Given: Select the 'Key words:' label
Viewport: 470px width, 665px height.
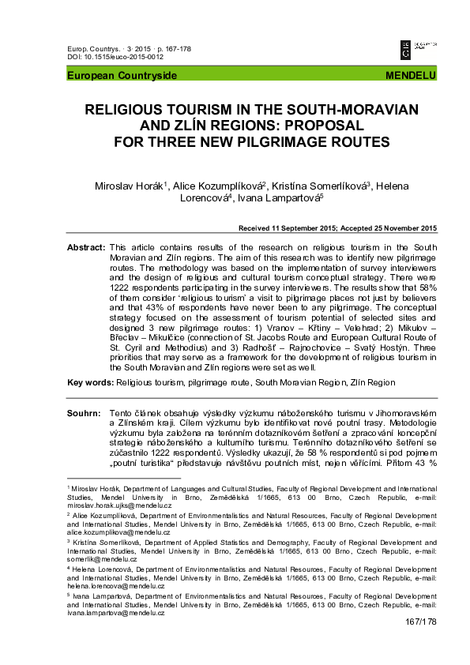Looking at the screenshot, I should [90, 382].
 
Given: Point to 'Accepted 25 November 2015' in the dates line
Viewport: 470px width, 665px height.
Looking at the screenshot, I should [388, 229].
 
